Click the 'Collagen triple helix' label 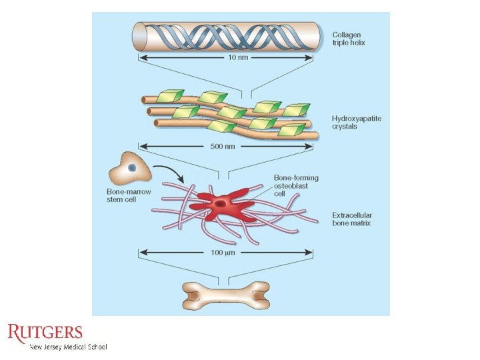point(349,38)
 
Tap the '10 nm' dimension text point(227,58)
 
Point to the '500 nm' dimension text point(227,146)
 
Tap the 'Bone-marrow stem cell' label point(129,195)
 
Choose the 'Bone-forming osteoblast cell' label point(296,186)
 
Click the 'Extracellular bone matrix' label point(352,219)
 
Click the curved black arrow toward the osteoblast point(170,173)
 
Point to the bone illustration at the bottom point(226,295)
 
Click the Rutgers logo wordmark point(45,333)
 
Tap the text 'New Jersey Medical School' point(68,347)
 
